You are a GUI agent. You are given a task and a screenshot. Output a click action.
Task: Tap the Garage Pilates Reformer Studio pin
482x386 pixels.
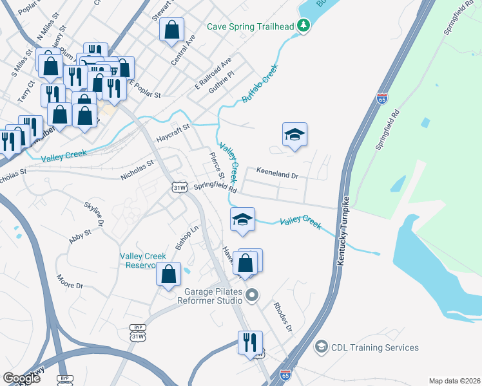[x=252, y=296]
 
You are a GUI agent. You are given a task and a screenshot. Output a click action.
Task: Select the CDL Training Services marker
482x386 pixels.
[x=320, y=347]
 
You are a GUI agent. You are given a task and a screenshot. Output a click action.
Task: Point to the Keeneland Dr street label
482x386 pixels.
[x=277, y=174]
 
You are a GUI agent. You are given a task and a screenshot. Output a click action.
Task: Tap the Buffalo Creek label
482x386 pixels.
[x=260, y=84]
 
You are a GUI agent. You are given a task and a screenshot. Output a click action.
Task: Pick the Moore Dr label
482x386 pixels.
[x=70, y=281]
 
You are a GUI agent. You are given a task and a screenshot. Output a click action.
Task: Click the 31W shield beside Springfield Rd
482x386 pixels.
[x=180, y=187]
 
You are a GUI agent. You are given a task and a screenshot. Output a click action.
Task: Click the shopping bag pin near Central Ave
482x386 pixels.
[x=172, y=29]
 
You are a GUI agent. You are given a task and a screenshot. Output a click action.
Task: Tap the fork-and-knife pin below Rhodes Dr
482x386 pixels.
[x=250, y=342]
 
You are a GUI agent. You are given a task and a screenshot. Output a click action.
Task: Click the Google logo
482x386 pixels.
[x=21, y=378]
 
